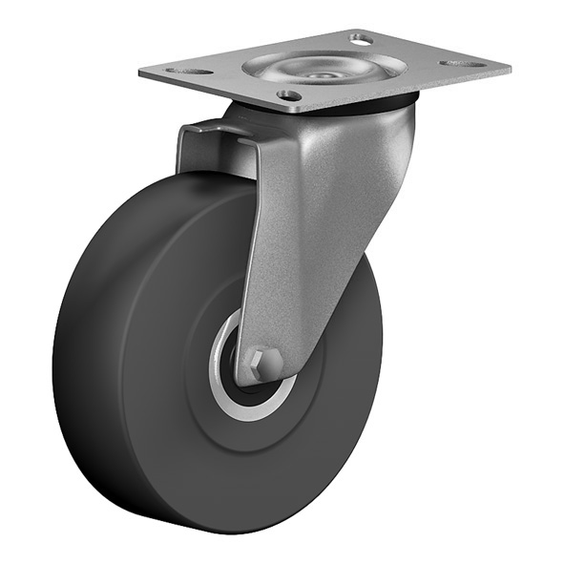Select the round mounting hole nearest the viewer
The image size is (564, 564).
[x=289, y=95]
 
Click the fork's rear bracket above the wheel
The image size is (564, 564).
[x=205, y=148]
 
